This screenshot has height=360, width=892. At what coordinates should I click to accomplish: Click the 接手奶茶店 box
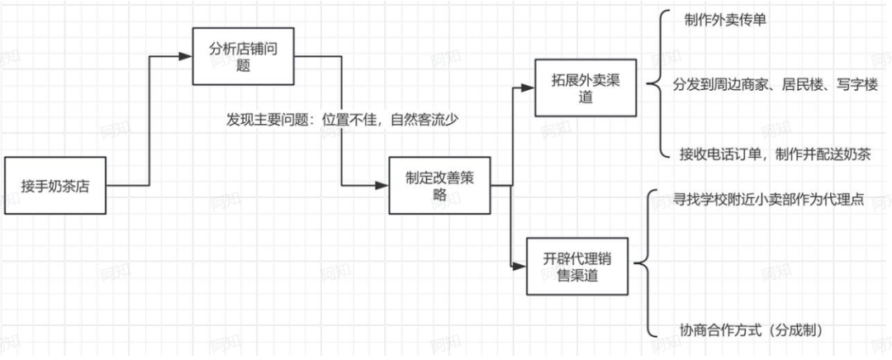pyautogui.click(x=55, y=186)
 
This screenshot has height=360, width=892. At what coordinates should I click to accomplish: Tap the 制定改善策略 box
pyautogui.click(x=439, y=186)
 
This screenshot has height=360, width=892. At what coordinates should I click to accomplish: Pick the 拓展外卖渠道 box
pyautogui.click(x=583, y=88)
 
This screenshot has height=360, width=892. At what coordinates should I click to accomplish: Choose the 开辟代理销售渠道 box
pyautogui.click(x=577, y=266)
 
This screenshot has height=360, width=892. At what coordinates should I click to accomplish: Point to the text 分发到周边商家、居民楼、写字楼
pyautogui.click(x=775, y=85)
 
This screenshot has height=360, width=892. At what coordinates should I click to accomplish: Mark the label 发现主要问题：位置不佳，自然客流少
pyautogui.click(x=343, y=119)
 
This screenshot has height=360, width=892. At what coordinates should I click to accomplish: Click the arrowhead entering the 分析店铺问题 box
pyautogui.click(x=186, y=56)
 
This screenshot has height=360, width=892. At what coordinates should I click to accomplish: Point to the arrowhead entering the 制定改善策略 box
pyautogui.click(x=382, y=186)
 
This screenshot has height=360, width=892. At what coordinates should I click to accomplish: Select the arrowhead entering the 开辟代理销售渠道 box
pyautogui.click(x=520, y=266)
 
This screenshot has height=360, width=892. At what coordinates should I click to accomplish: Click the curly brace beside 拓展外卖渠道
pyautogui.click(x=658, y=85)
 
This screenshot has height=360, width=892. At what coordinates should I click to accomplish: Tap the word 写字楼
pyautogui.click(x=859, y=85)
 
